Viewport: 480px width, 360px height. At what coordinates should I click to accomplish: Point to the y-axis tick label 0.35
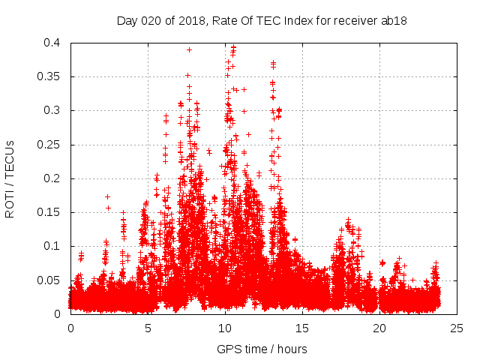coord(52,76)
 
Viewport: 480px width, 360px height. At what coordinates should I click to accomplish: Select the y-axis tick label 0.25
coord(52,145)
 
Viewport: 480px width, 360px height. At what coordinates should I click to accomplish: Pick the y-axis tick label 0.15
coord(52,212)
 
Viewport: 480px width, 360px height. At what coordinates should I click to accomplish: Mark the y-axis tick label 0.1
coord(55,246)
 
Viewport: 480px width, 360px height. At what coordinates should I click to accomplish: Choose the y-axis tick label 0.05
coord(52,280)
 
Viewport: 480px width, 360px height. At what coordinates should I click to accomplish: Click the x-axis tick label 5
coord(148,328)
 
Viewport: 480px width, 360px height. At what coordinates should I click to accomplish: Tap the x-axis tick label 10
coord(225,328)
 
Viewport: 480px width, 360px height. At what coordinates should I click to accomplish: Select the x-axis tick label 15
coord(302,328)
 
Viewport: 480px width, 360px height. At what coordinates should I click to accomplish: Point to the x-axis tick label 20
coord(379,328)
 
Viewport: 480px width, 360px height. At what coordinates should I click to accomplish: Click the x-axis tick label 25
coord(457,328)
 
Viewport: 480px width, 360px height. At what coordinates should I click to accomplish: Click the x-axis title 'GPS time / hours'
coord(262,349)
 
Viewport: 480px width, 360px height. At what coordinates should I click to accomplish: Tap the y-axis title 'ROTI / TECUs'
coord(10,178)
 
